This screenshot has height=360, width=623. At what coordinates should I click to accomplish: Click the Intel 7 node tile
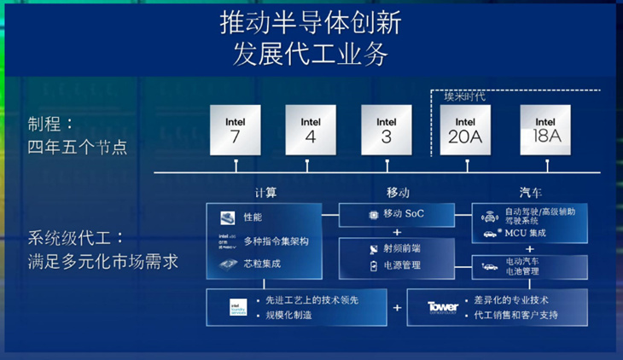pyautogui.click(x=236, y=129)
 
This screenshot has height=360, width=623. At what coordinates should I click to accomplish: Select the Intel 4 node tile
pyautogui.click(x=311, y=129)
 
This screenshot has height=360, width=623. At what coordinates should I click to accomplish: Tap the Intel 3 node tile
pyautogui.click(x=387, y=129)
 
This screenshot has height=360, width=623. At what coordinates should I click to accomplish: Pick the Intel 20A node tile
pyautogui.click(x=465, y=129)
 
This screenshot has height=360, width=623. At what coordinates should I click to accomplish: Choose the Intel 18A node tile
pyautogui.click(x=546, y=129)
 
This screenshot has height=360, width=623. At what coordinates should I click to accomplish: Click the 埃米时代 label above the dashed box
pyautogui.click(x=464, y=96)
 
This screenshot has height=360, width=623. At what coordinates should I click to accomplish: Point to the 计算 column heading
pyautogui.click(x=265, y=192)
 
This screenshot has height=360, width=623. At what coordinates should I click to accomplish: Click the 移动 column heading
pyautogui.click(x=398, y=192)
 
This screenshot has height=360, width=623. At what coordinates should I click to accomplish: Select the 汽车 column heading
pyautogui.click(x=530, y=192)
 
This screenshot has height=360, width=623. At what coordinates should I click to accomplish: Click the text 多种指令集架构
pyautogui.click(x=276, y=241)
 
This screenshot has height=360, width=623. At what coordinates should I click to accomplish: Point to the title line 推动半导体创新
pyautogui.click(x=311, y=23)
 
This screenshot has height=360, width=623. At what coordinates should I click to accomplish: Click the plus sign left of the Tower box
pyautogui.click(x=397, y=307)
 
